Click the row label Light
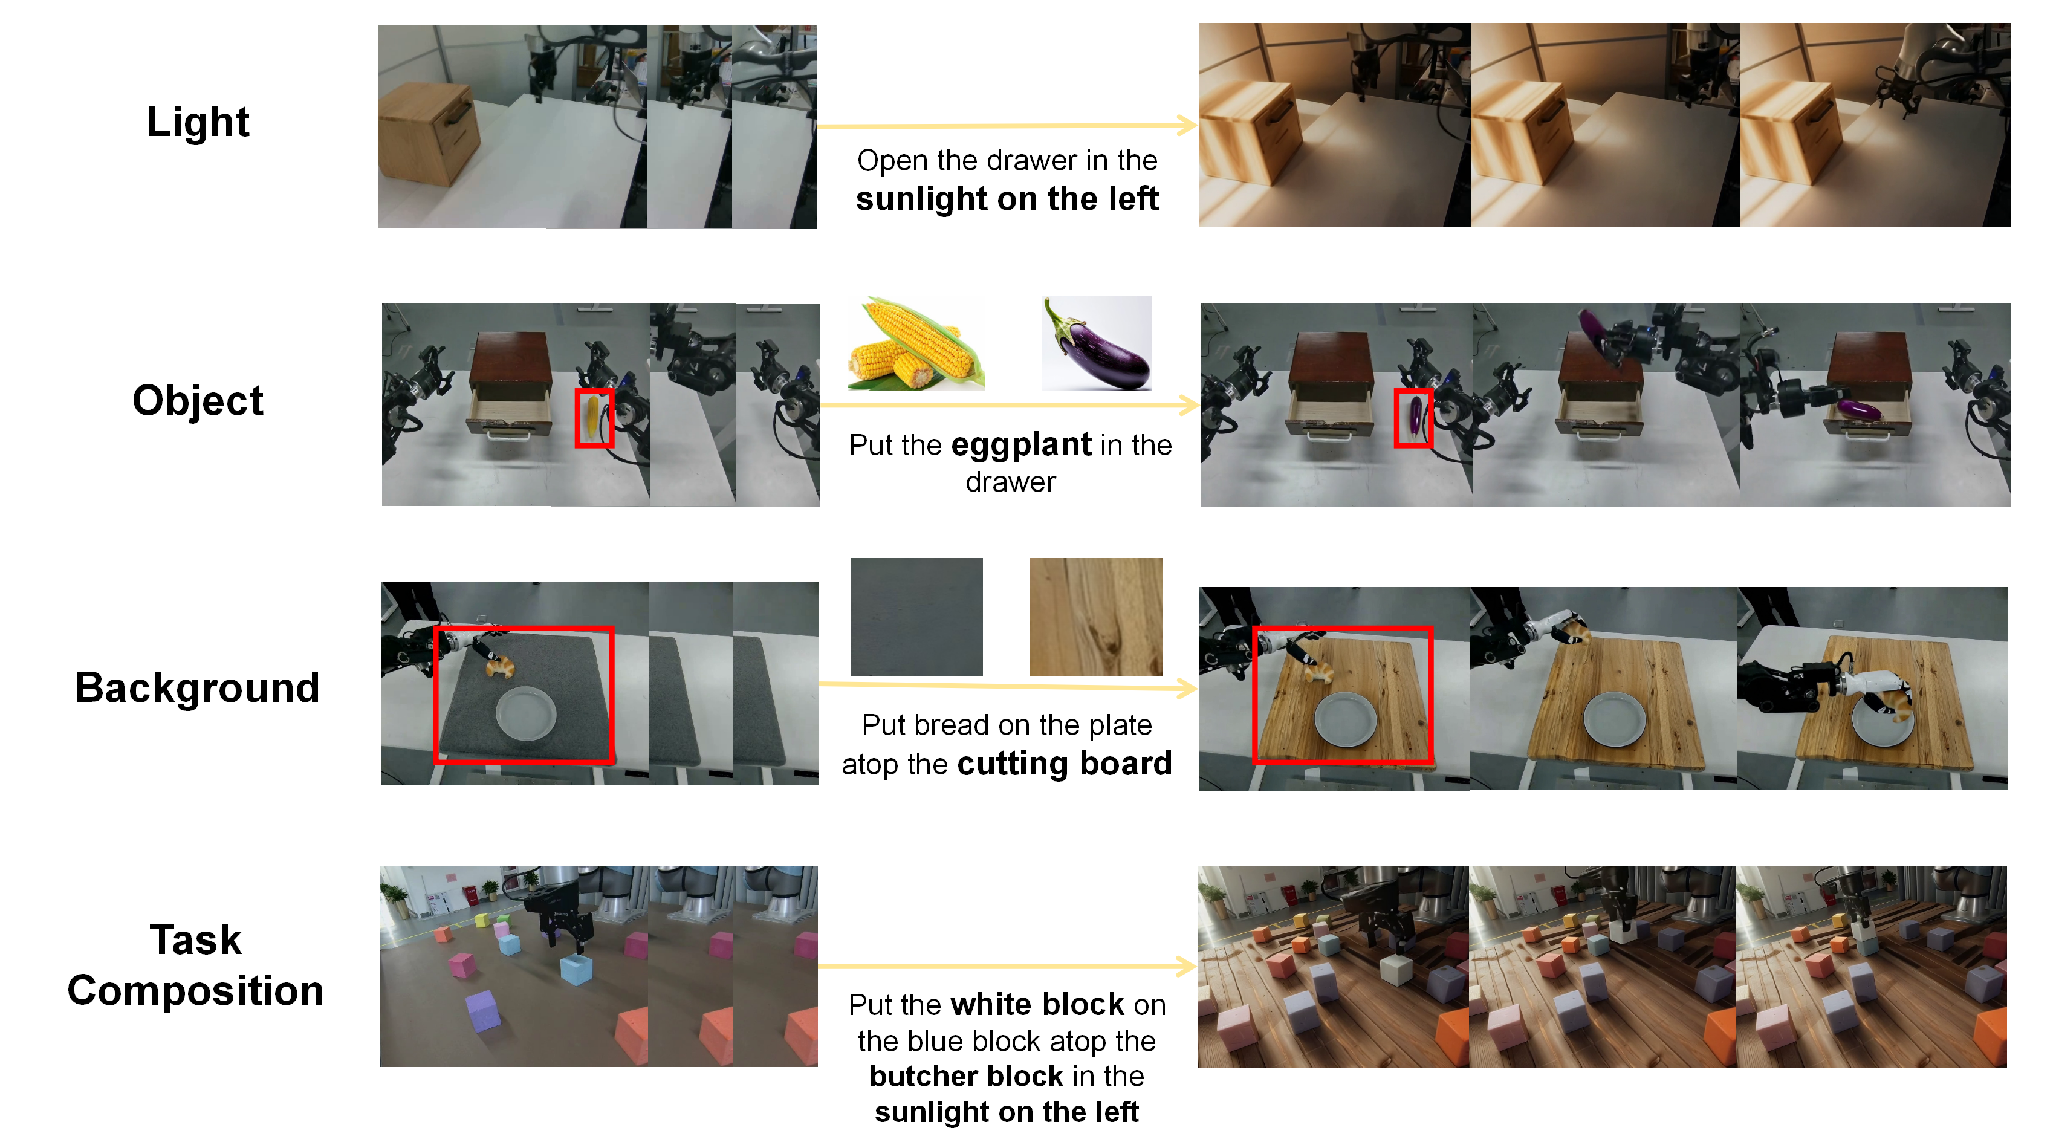[x=197, y=123]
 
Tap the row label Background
[x=197, y=687]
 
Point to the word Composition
[x=195, y=990]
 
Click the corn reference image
[x=916, y=344]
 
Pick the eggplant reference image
[x=1097, y=343]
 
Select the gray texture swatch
[x=916, y=617]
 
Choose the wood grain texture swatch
[x=1096, y=617]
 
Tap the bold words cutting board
[x=1065, y=764]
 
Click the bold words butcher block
[x=967, y=1075]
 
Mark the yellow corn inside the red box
[x=592, y=417]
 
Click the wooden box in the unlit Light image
[x=429, y=132]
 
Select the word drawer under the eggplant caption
[x=1010, y=482]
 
